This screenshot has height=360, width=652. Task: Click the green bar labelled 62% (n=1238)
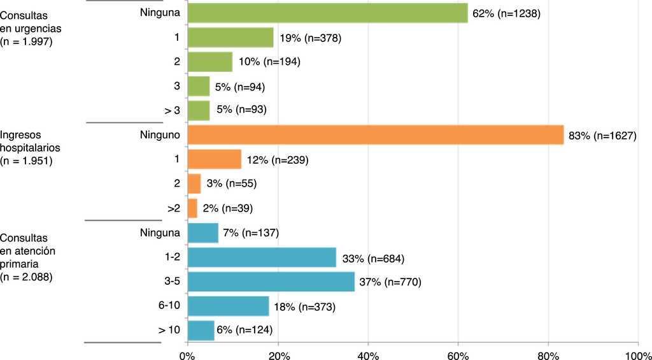327,13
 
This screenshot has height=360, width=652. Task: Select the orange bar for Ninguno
376,135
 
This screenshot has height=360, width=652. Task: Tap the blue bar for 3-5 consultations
271,282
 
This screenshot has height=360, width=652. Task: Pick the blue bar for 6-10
228,306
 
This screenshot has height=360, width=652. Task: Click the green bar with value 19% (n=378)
230,38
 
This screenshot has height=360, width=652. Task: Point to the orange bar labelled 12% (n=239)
215,159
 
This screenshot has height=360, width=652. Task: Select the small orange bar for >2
192,208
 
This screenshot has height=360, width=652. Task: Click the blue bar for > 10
201,330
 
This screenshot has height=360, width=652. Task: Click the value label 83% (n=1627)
603,135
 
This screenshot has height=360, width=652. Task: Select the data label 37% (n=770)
391,282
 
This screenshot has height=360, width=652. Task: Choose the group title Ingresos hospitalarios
32,141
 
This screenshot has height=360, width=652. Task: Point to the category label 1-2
170,257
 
